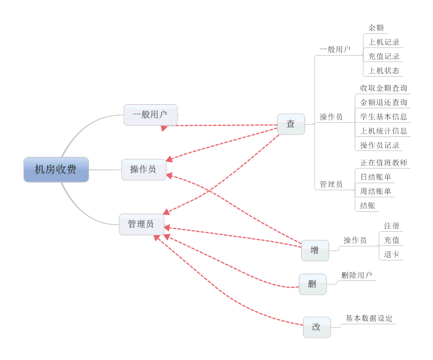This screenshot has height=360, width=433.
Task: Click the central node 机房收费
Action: pos(56,170)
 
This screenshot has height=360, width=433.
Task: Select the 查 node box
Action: pos(291,124)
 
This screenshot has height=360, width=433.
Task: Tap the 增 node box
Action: pos(315,251)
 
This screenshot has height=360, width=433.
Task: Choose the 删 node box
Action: pos(312,284)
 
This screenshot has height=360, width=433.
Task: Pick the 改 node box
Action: pos(316,327)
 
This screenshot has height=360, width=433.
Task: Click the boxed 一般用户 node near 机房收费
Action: pos(150,115)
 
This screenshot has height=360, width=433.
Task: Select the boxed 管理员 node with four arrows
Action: pos(141,224)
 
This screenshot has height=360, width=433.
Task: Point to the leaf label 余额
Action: pos(376,28)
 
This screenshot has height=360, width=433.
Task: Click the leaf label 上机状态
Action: pos(384,71)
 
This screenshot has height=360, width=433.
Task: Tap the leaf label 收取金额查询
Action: pos(383,88)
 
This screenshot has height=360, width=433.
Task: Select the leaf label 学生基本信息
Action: pos(383,116)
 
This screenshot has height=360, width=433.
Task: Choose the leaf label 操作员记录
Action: pos(380,145)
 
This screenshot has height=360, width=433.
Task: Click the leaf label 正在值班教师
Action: pos(383,163)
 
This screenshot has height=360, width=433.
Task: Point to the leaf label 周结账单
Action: pos(376,191)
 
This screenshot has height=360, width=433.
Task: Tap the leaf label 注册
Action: pos(391,226)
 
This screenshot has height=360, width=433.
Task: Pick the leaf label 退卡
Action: pos(391,255)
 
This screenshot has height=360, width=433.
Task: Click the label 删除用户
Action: pos(357,275)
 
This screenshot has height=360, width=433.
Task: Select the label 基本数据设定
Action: pos(369,318)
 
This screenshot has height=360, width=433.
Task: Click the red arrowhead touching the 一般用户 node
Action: pos(165,127)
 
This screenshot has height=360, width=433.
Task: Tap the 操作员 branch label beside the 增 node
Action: pos(355,240)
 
